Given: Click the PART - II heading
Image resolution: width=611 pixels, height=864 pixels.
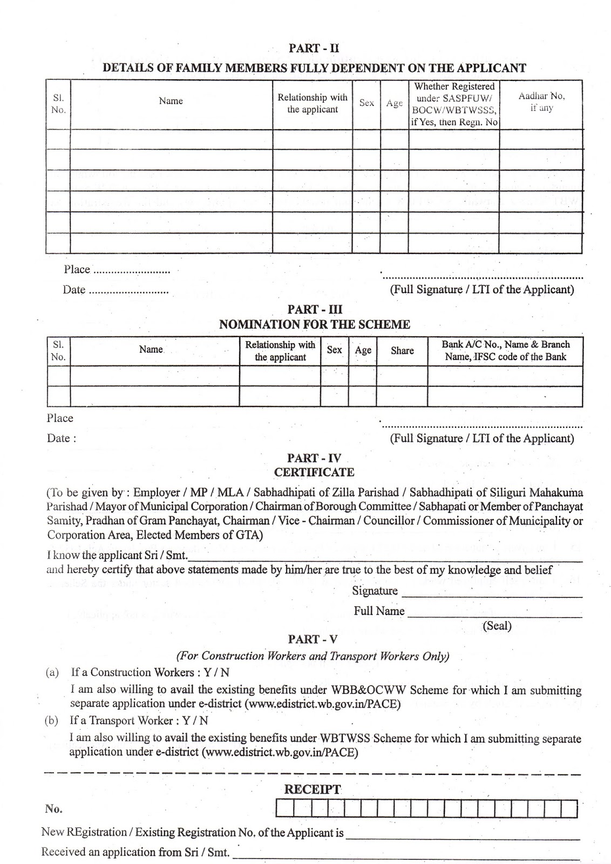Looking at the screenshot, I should click(314, 48).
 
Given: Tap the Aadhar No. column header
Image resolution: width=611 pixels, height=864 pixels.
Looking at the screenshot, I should click(541, 102).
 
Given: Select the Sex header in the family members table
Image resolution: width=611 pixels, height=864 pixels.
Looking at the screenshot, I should click(366, 103).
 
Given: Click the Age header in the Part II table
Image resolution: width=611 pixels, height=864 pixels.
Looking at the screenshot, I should click(395, 103).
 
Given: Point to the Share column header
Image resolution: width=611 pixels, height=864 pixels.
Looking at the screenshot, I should click(402, 350).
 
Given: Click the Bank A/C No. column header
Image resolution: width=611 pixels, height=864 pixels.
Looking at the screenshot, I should click(506, 350).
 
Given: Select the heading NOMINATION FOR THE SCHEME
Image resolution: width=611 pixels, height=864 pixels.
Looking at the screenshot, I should click(314, 325).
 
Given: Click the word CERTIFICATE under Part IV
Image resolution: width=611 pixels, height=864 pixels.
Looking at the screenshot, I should click(314, 473).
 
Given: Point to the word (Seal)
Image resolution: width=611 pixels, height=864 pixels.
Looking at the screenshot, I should click(497, 626).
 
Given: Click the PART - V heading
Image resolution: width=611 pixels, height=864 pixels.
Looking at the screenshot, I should click(313, 639).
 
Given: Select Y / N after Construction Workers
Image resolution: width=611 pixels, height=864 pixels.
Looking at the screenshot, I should click(216, 672).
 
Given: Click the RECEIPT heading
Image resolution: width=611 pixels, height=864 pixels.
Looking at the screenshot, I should click(313, 789).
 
